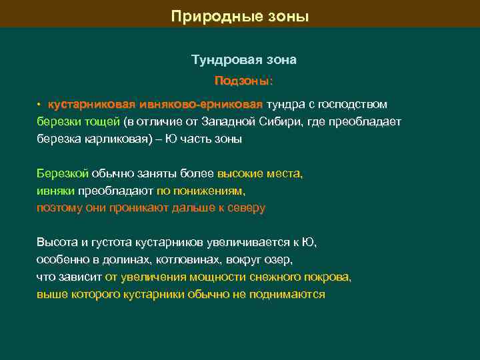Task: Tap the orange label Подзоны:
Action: pos(243,81)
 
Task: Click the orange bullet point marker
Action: pos(39,105)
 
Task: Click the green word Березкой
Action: pos(63,174)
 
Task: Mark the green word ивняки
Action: pos(55,191)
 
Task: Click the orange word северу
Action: pos(248,208)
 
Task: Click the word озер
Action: pos(280,260)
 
